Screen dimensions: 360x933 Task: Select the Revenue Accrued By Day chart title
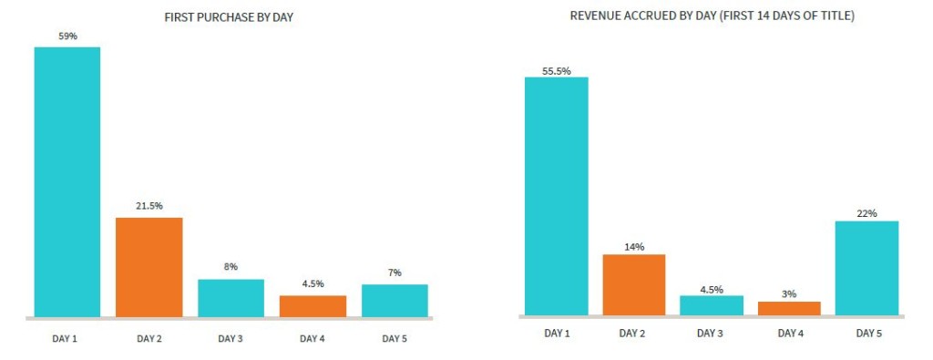(712, 16)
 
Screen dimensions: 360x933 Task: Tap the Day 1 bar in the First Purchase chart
(67, 182)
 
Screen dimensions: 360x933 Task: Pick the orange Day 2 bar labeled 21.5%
(149, 267)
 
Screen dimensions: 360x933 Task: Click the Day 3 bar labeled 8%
(231, 298)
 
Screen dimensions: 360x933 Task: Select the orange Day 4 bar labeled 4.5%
(313, 306)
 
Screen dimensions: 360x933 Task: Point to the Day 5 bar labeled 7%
(395, 301)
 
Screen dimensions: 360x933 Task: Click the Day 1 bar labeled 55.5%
(557, 196)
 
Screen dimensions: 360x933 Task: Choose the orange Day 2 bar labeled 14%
(634, 284)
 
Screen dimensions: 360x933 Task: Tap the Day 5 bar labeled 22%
(866, 268)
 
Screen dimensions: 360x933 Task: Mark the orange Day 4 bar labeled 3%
(789, 308)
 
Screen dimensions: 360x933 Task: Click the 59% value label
(67, 37)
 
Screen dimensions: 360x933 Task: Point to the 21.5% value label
(149, 206)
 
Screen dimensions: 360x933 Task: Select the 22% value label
(866, 213)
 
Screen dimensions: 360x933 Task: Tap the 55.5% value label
(557, 71)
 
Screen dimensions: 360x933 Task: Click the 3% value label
(789, 293)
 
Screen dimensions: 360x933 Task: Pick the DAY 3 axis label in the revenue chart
(711, 334)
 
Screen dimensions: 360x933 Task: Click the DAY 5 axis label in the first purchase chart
(395, 339)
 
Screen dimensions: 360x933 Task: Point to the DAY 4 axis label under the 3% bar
(789, 334)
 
